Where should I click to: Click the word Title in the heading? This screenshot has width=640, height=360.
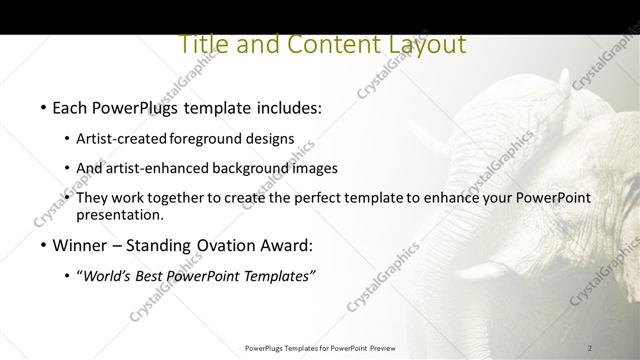tap(201, 45)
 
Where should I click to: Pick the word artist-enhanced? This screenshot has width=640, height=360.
tap(160, 168)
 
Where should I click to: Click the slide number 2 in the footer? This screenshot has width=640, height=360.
tap(590, 348)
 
